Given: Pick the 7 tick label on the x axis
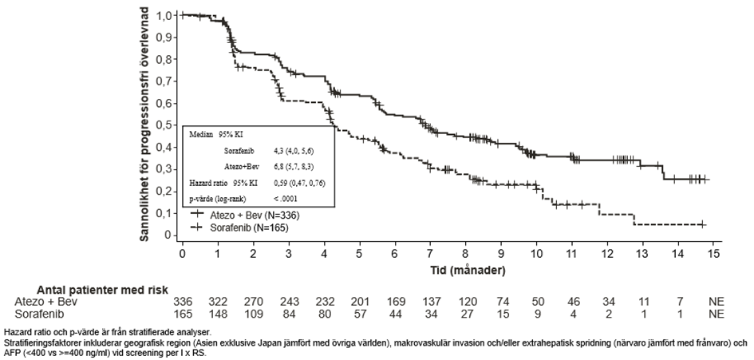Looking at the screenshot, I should [430, 253].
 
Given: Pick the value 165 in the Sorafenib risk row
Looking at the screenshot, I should [184, 315].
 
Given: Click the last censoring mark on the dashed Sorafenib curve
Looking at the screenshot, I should [702, 225].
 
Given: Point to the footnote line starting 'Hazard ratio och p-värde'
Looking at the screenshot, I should [107, 330].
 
